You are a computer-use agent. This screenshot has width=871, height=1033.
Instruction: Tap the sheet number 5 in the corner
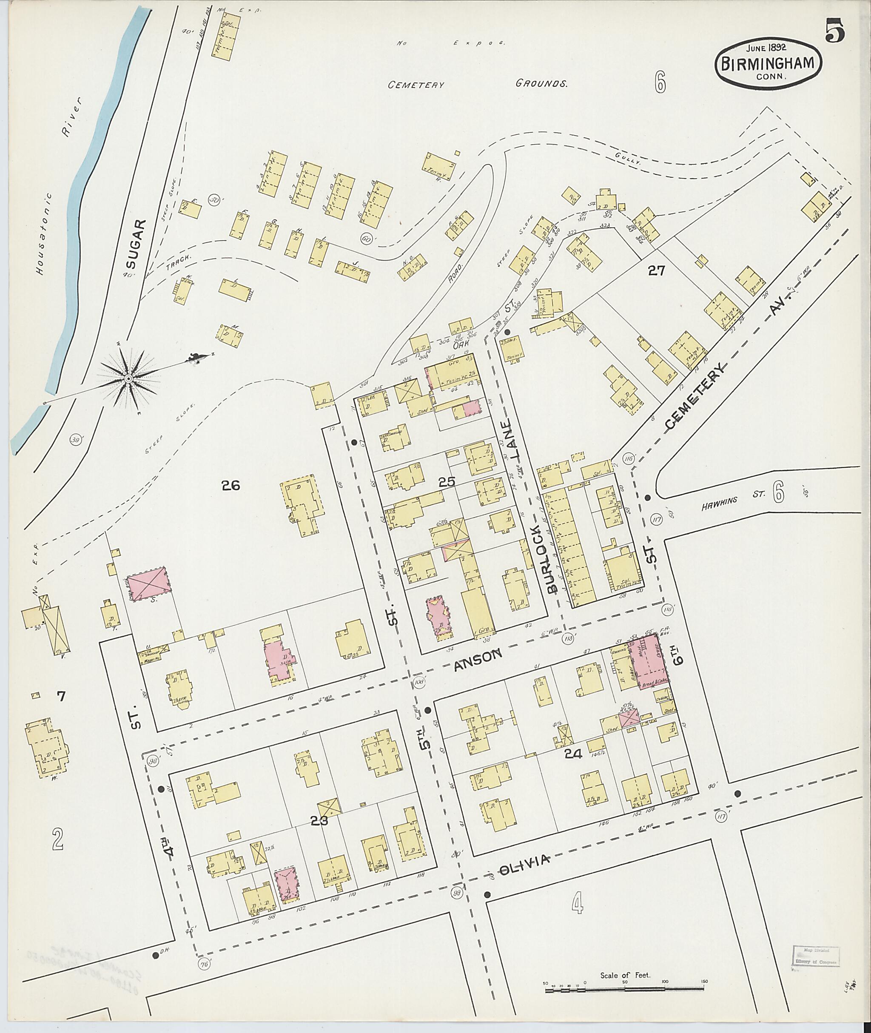click(x=834, y=31)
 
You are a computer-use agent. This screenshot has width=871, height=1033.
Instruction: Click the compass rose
click(x=129, y=379)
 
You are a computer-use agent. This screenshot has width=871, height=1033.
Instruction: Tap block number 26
click(x=231, y=486)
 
